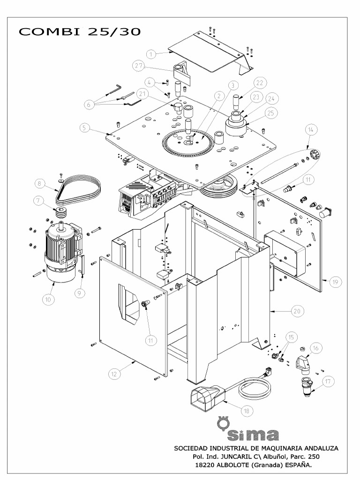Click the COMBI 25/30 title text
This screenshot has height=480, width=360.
click(x=79, y=31)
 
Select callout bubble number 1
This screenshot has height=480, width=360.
click(x=151, y=54)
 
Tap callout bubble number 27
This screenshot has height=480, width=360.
click(x=138, y=66)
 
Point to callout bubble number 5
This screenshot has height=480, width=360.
click(x=84, y=127)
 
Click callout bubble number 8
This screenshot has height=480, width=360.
click(x=41, y=183)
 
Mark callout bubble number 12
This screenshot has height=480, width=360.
click(x=114, y=374)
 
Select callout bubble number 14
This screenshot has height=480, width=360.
click(x=310, y=129)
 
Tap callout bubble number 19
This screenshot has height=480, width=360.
click(x=336, y=282)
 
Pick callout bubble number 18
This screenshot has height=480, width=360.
click(x=247, y=410)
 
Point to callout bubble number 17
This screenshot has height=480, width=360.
click(x=328, y=382)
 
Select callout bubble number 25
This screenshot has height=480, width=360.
click(x=270, y=112)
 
